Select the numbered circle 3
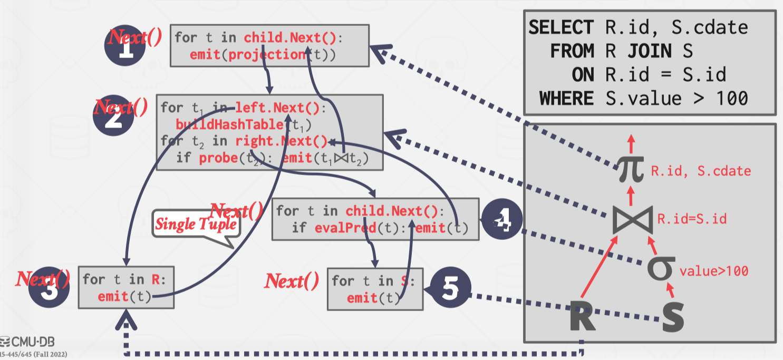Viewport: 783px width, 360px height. click(x=49, y=288)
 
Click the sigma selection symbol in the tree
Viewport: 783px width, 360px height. click(x=661, y=268)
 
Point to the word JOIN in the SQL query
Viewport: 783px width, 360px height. click(x=649, y=51)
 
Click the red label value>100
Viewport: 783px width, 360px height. click(x=713, y=271)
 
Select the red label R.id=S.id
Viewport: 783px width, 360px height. click(x=692, y=218)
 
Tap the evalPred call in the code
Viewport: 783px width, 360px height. click(x=344, y=228)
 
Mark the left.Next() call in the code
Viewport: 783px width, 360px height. click(x=277, y=108)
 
